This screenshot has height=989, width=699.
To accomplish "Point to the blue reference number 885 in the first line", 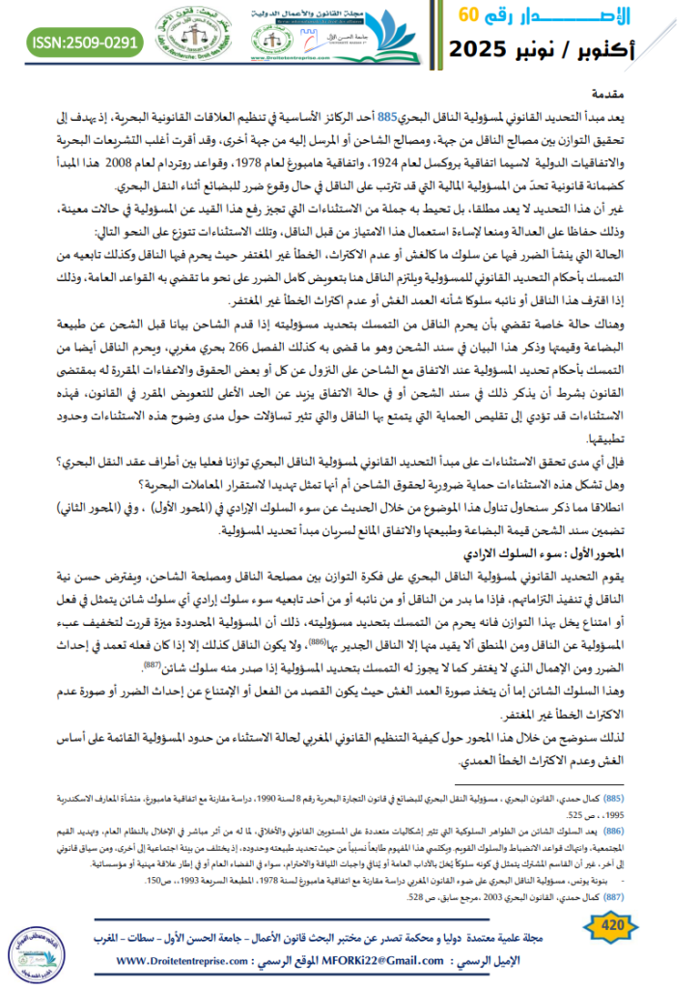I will [x=387, y=118].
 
